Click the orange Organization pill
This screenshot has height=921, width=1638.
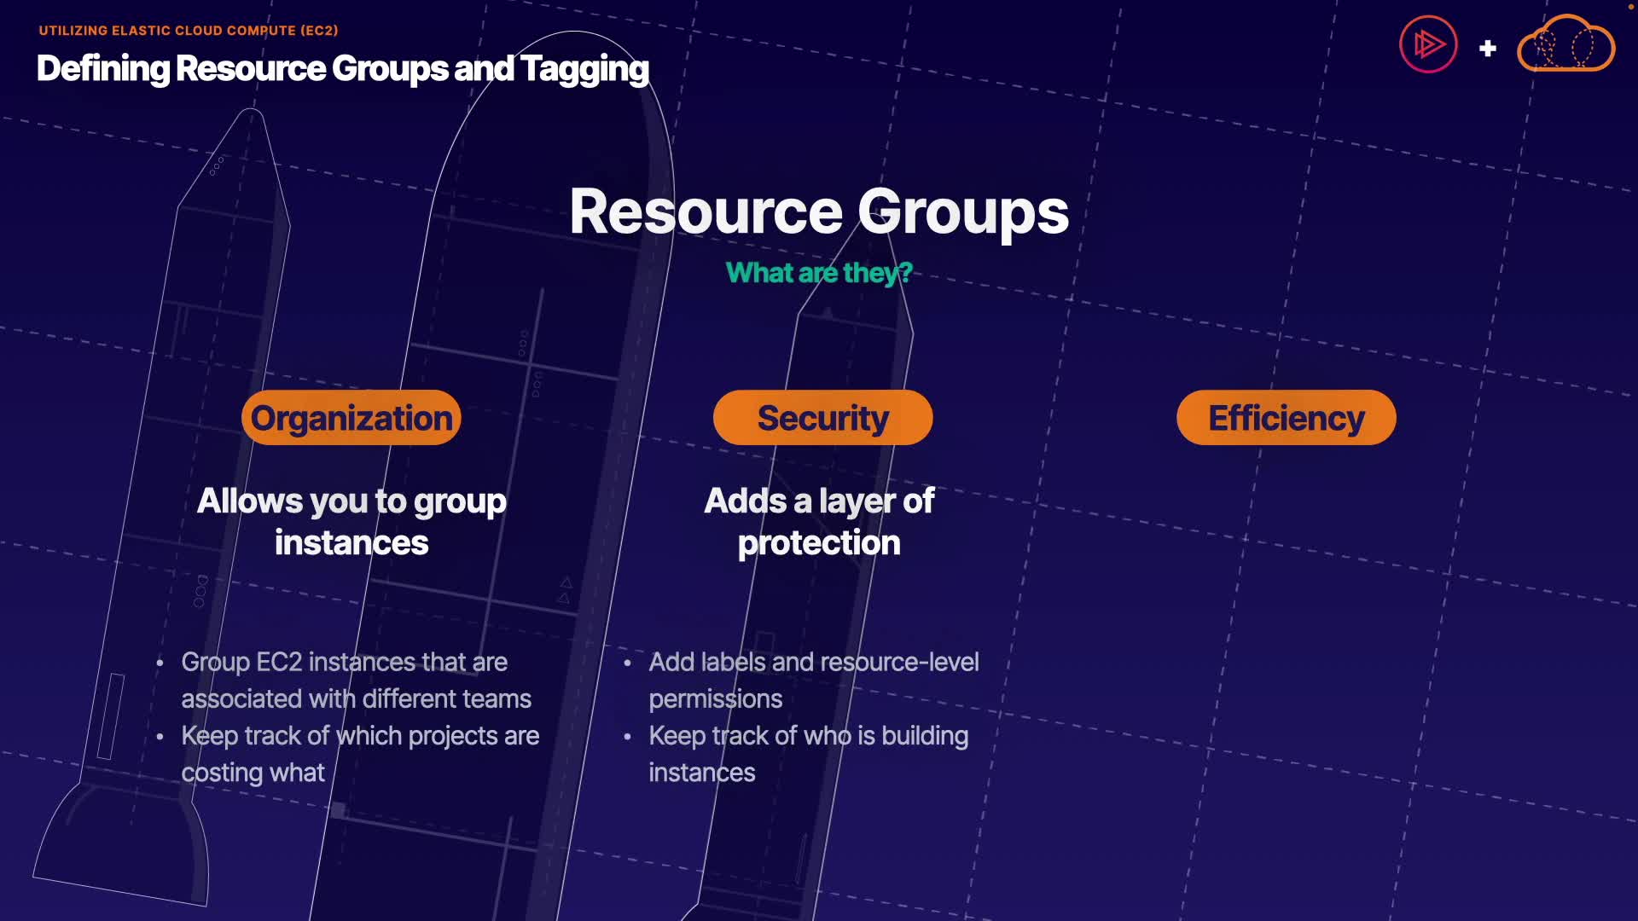coord(351,418)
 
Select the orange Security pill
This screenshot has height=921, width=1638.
coord(822,418)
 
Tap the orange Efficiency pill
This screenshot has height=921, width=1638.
coord(1286,418)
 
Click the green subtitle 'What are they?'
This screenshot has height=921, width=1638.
coord(818,273)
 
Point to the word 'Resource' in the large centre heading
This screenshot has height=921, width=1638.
coord(706,212)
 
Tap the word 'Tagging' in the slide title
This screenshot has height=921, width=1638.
coord(584,69)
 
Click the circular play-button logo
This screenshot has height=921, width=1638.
coord(1428,44)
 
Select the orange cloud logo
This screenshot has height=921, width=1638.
coord(1565,44)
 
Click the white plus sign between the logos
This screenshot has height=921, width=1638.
coord(1488,49)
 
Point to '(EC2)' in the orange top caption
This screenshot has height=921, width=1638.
coord(319,31)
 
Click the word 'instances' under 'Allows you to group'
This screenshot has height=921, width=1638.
coord(351,543)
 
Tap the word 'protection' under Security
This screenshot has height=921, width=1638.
coord(818,543)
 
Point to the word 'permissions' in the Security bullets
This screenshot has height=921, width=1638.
coord(715,699)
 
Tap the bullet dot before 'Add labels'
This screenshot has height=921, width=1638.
coord(627,663)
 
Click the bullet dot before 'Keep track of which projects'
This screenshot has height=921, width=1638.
coord(160,736)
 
